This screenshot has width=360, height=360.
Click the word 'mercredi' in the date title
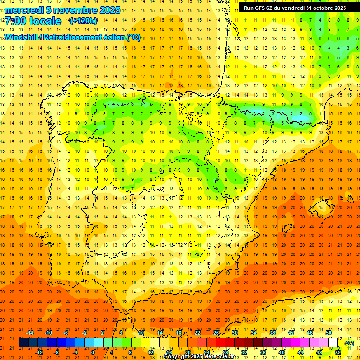coord(24,10)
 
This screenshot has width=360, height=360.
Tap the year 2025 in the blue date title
coord(109,10)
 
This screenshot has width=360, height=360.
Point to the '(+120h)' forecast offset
coord(83,21)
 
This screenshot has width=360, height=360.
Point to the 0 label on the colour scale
coord(93,352)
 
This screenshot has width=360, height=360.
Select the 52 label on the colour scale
coord(338,352)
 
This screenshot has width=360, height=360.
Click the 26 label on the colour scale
coord(216,333)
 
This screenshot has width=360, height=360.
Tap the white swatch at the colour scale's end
coord(333,343)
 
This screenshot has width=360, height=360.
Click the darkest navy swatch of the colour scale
coord(23,343)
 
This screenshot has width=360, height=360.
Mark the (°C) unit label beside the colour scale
coord(349,343)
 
